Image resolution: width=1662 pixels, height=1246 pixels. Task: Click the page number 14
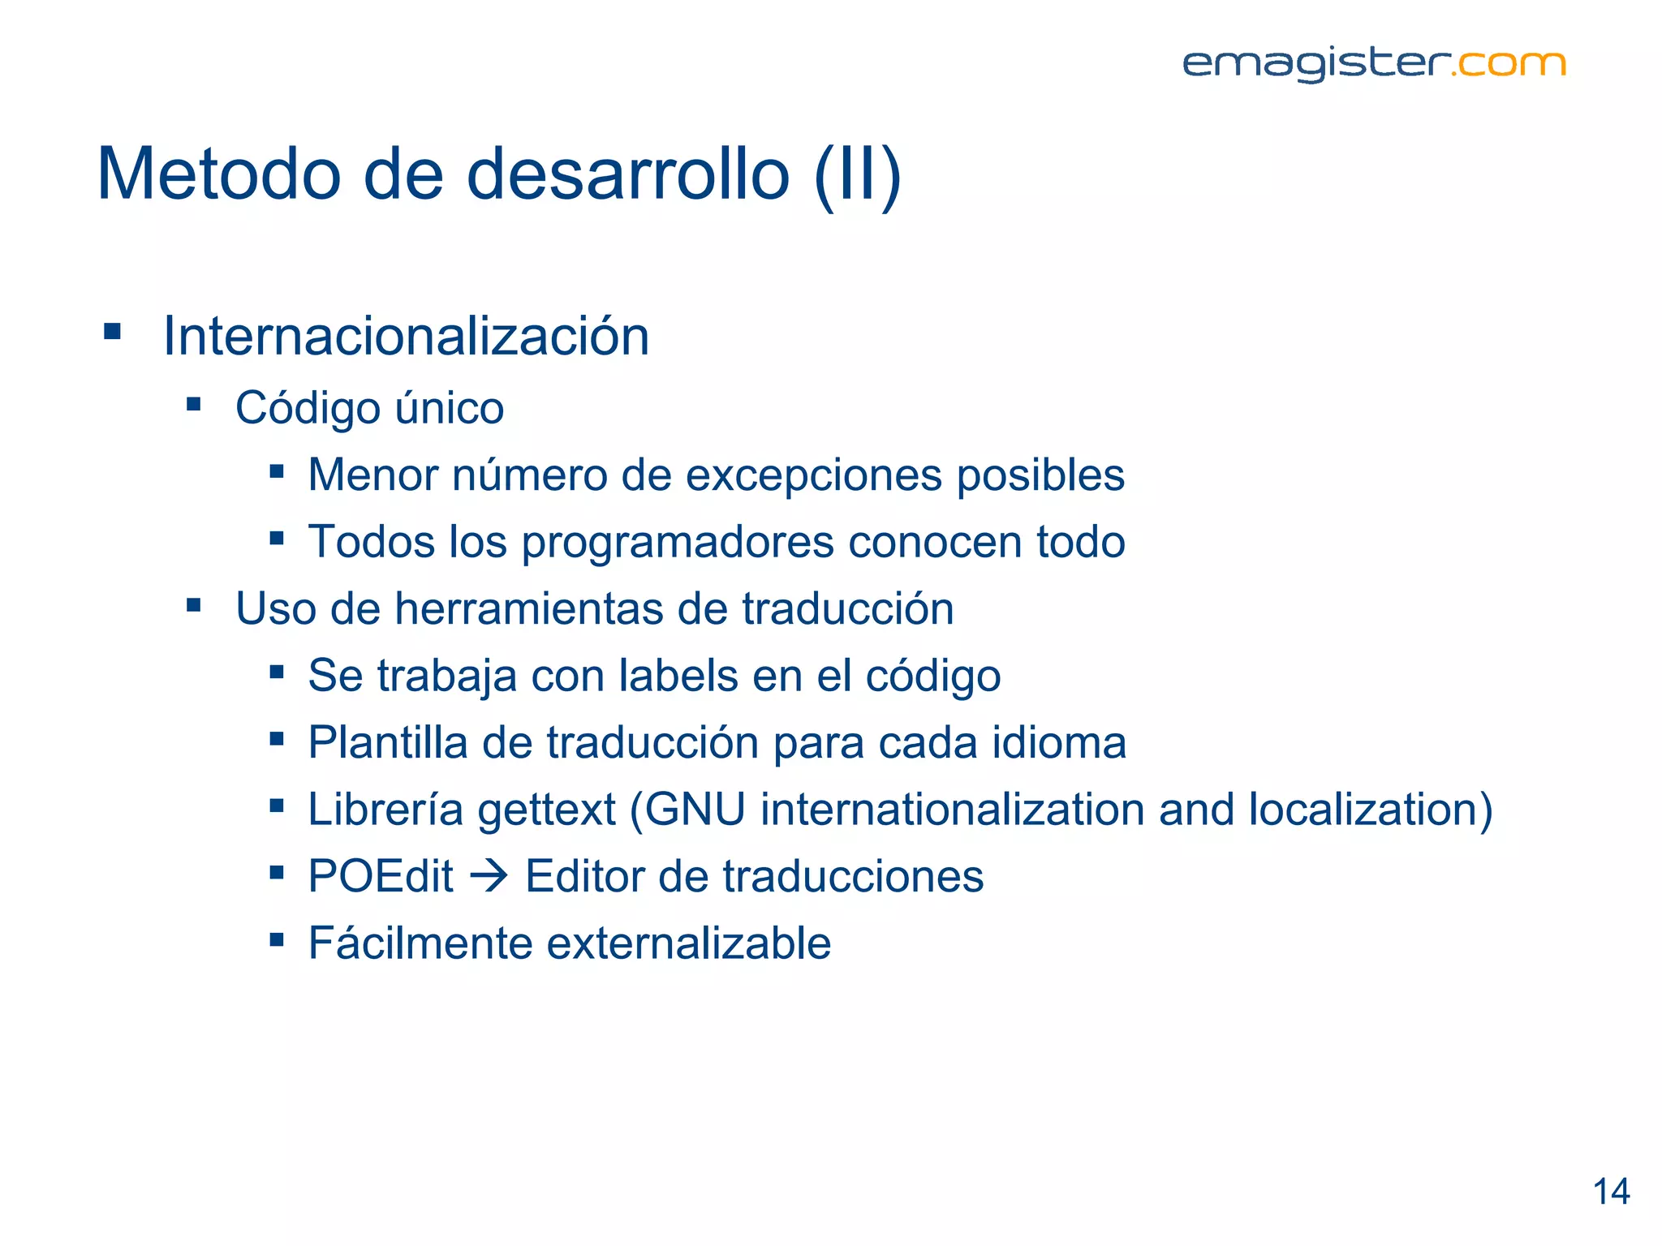(1611, 1192)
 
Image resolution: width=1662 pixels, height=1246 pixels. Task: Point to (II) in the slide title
(857, 174)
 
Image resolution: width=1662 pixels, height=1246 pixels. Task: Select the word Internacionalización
(406, 336)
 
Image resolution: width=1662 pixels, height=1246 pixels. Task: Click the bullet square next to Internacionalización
(113, 332)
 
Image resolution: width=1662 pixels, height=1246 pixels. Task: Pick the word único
(449, 407)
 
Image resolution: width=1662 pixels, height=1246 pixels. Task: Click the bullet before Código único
(193, 404)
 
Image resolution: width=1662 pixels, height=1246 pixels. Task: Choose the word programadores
(678, 543)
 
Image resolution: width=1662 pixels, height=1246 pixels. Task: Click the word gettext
(547, 810)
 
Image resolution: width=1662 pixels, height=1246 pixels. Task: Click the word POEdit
(381, 877)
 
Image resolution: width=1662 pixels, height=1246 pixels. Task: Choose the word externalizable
(689, 943)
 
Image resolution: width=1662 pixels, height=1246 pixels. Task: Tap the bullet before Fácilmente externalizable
(277, 939)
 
